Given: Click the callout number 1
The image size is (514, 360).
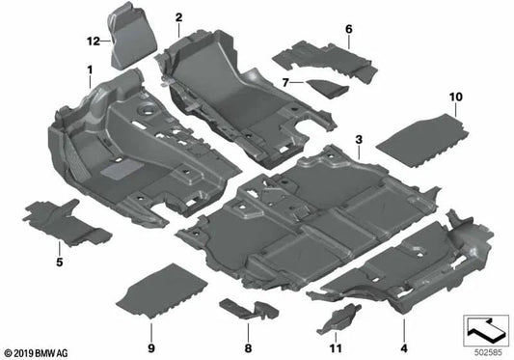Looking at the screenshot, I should pyautogui.click(x=89, y=70).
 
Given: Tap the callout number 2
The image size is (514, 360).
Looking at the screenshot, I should pyautogui.click(x=178, y=18).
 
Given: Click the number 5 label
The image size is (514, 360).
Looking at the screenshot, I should pyautogui.click(x=59, y=262).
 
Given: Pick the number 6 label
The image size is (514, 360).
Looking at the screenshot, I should pyautogui.click(x=348, y=31).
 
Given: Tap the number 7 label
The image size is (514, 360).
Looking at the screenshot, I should pyautogui.click(x=285, y=83).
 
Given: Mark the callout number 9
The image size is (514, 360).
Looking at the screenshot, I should pyautogui.click(x=150, y=347).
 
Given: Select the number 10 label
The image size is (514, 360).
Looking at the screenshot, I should pyautogui.click(x=455, y=97).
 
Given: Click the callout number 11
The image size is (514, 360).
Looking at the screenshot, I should pyautogui.click(x=335, y=347).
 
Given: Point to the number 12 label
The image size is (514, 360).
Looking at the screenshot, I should pyautogui.click(x=93, y=41).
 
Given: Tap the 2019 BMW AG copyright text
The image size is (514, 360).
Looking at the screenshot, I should pyautogui.click(x=39, y=352).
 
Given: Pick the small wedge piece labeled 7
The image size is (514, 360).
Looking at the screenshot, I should pyautogui.click(x=325, y=87).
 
